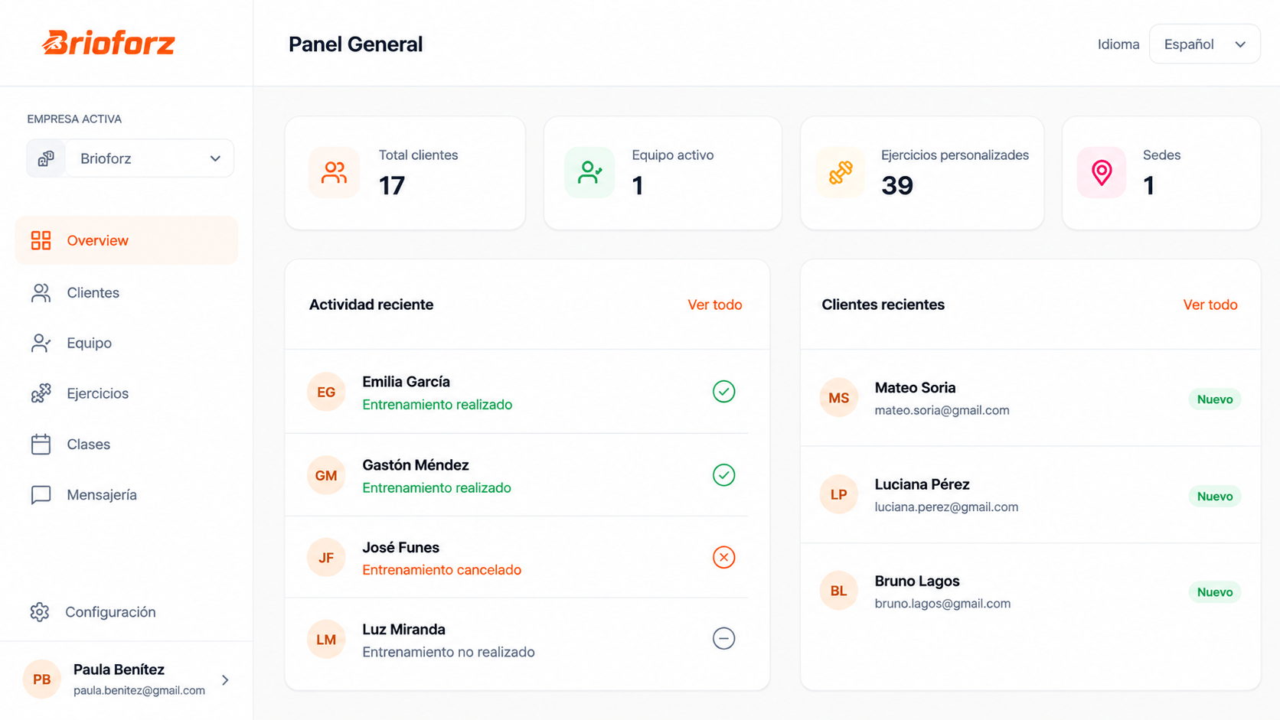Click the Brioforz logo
pos(109,43)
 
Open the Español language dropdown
pos(1204,44)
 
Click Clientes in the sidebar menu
pos(93,292)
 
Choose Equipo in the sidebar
pos(89,343)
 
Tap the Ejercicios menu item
pos(98,393)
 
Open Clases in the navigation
pos(88,445)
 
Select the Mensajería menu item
pos(102,494)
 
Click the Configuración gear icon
pos(40,612)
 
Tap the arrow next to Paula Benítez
pos(225,680)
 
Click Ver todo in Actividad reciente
pos(715,305)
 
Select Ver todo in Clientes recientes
pos(1210,305)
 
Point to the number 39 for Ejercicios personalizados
pos(897,186)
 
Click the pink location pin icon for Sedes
pos(1102,172)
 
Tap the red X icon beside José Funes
pos(723,557)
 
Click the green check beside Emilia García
pos(723,392)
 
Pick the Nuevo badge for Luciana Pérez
pos(1215,496)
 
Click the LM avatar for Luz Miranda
pos(326,640)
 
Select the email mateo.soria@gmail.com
pos(942,410)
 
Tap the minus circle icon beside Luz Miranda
pos(723,638)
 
